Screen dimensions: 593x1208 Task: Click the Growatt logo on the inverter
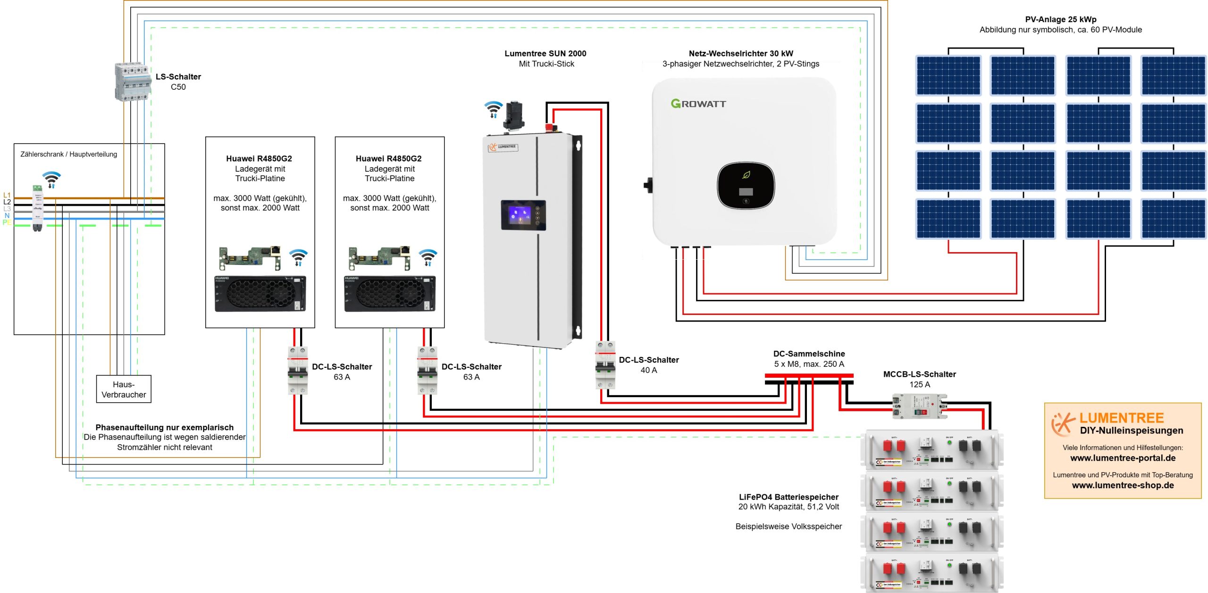tap(698, 103)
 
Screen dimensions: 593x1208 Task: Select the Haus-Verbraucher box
tap(124, 390)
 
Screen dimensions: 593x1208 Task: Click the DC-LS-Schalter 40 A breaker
tap(605, 365)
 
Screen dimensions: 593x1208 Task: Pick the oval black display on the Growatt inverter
tap(746, 185)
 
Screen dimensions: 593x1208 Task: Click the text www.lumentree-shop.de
tap(1123, 485)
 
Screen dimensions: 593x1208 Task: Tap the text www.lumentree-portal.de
tap(1123, 458)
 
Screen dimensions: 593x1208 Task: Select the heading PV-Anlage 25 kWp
tap(1060, 19)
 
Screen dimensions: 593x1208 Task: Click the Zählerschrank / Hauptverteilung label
tap(68, 154)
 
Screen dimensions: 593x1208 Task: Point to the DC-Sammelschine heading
tap(809, 354)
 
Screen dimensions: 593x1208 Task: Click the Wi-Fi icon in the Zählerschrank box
tap(51, 179)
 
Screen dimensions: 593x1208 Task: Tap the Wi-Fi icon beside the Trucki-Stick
tap(494, 109)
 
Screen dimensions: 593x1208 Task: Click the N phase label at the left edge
tap(7, 215)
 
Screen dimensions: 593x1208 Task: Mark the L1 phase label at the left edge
tap(7, 195)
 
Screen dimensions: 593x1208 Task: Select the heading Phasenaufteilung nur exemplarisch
tap(164, 427)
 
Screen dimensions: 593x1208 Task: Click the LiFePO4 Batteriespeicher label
tap(789, 497)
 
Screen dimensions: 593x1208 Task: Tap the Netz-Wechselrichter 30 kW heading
tap(740, 53)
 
